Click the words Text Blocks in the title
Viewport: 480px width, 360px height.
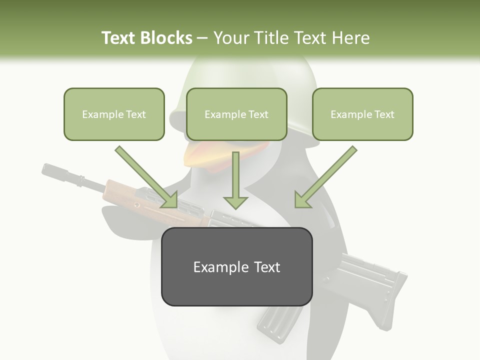pos(146,38)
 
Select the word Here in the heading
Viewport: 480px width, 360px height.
pos(352,38)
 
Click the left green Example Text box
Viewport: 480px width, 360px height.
pos(114,114)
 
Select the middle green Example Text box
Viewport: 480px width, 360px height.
pos(236,114)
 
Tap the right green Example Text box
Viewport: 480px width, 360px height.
pos(362,114)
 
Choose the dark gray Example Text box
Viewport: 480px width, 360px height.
pos(236,267)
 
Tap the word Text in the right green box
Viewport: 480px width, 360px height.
pos(383,114)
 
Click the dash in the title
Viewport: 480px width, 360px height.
pos(202,38)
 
